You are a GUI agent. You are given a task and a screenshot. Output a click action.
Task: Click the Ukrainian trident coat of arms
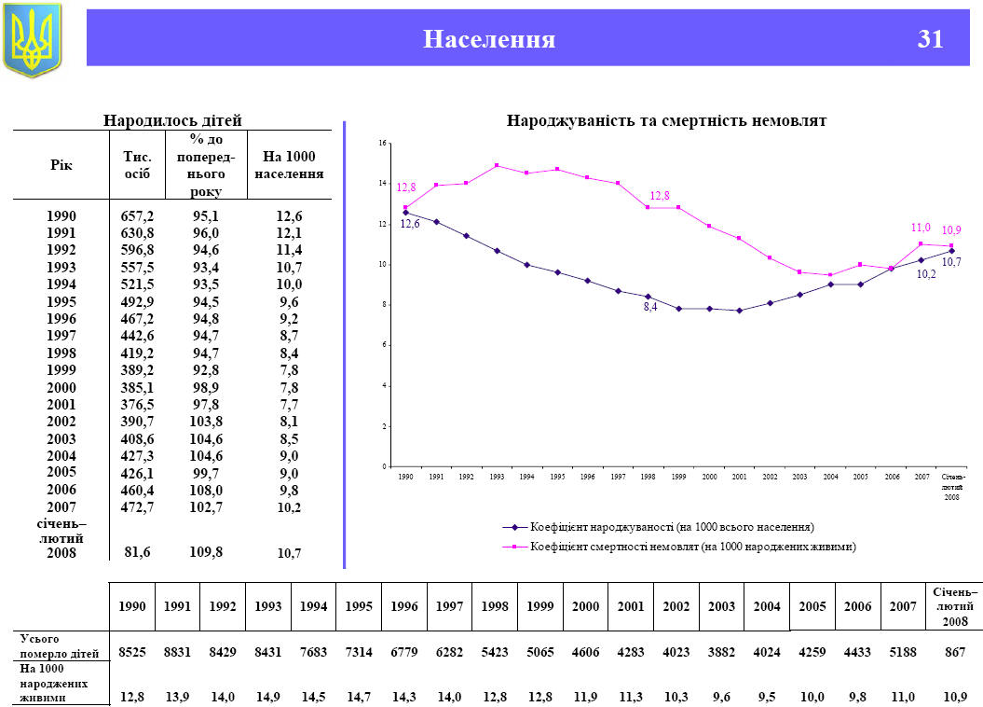(x=33, y=39)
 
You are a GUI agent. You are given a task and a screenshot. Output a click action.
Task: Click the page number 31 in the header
(x=930, y=39)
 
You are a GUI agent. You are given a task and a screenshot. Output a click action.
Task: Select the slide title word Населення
(x=489, y=39)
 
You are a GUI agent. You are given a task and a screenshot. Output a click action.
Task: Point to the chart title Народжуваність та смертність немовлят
(x=666, y=120)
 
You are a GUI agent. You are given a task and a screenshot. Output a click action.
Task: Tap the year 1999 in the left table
(x=61, y=370)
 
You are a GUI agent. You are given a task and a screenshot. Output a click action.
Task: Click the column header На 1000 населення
(x=289, y=165)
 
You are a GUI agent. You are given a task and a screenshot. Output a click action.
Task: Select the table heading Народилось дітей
(x=172, y=120)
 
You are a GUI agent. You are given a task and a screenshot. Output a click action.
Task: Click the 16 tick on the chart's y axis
(x=381, y=143)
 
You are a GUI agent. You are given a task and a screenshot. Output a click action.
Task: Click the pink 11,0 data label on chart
(x=921, y=228)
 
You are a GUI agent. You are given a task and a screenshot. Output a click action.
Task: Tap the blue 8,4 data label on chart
(x=650, y=307)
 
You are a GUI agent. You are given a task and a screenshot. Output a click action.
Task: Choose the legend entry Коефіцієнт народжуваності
(x=671, y=527)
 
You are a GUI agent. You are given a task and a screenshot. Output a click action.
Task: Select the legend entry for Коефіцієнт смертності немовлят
(x=692, y=546)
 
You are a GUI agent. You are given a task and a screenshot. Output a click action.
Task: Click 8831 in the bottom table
(x=177, y=651)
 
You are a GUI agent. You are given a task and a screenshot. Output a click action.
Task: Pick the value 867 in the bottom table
(x=954, y=651)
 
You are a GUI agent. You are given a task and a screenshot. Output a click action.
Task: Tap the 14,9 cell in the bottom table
(x=267, y=697)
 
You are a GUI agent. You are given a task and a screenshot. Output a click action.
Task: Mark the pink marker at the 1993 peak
(x=497, y=165)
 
